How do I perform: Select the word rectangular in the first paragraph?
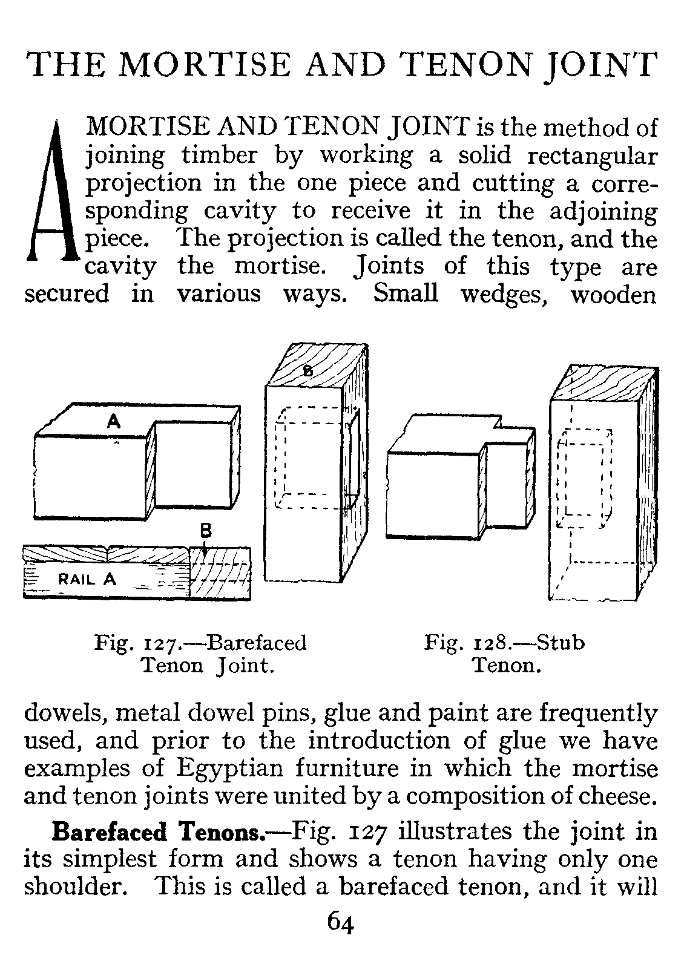click(592, 156)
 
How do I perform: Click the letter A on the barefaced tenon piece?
click(113, 422)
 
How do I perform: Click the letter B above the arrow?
click(205, 531)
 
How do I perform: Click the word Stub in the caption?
click(561, 642)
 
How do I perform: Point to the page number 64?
click(341, 923)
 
